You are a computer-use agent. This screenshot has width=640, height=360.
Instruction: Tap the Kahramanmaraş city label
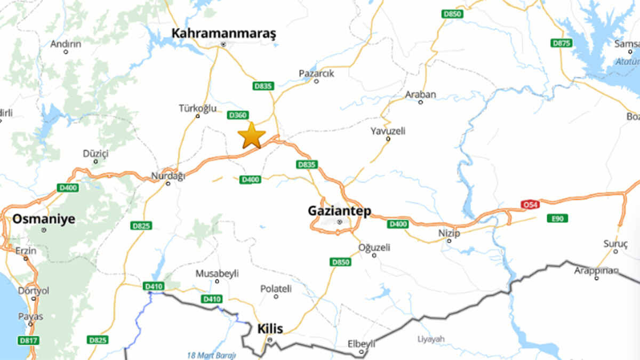tap(224, 34)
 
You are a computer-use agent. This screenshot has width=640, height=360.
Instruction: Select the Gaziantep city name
tap(339, 211)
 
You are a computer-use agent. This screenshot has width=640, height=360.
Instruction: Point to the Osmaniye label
tap(44, 219)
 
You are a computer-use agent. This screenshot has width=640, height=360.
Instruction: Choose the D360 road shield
tap(238, 115)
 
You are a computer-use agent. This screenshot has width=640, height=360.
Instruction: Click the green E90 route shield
tap(557, 218)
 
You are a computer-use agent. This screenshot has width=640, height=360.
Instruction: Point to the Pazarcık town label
tap(316, 74)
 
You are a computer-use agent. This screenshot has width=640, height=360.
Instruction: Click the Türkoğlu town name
tap(198, 108)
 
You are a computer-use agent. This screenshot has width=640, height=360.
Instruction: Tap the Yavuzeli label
tap(388, 131)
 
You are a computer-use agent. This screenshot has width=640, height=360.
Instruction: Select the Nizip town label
tap(449, 233)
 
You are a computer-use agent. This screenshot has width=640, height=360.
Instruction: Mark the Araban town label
tap(421, 94)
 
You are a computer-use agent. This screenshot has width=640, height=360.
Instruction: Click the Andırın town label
tap(66, 44)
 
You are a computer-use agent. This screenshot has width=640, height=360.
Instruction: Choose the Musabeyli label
tap(217, 274)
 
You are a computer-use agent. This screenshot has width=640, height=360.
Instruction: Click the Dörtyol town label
tap(34, 291)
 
